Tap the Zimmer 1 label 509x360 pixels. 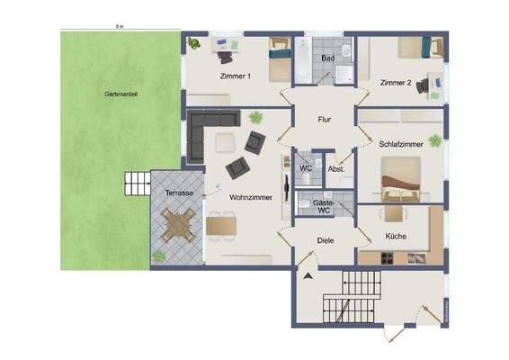coord(236,76)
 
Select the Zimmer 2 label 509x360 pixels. coord(396,83)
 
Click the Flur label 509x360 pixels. coord(326,119)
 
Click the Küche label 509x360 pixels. coord(396,236)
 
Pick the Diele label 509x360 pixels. coord(325,239)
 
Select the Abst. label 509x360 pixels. coord(337,169)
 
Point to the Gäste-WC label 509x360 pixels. coord(322,207)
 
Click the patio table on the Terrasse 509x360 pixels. coord(178,226)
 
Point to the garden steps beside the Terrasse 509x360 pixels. coord(136,184)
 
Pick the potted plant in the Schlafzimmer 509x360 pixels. coord(435,140)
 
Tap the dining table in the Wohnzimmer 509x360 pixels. coord(221,225)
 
